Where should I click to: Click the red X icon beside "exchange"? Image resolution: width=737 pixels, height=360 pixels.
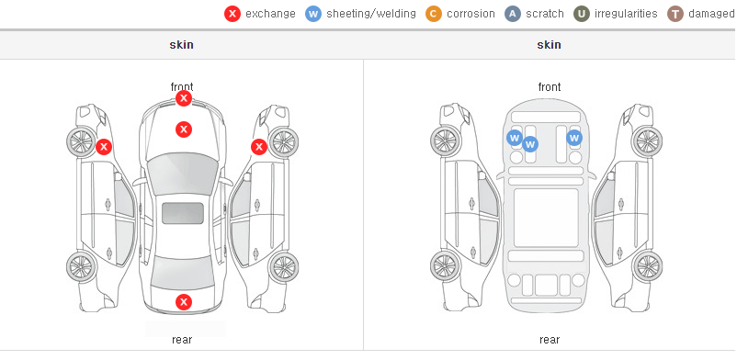[232, 14]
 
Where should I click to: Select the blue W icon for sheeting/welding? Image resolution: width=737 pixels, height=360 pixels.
[313, 14]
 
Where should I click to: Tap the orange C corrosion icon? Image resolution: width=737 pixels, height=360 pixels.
[434, 14]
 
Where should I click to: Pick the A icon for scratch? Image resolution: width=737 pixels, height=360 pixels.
[513, 14]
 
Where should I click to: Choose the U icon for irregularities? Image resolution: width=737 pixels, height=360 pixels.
[582, 14]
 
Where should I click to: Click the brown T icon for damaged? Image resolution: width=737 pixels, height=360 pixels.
[675, 14]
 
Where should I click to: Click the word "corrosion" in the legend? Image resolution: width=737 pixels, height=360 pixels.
[471, 14]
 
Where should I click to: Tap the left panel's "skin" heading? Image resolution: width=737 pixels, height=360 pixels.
[181, 45]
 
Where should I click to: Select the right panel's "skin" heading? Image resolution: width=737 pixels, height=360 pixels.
[549, 45]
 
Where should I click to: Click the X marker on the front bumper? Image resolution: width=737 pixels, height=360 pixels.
[184, 98]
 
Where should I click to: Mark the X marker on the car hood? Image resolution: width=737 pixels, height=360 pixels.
[184, 129]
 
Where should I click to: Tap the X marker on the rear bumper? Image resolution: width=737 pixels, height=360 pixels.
[184, 302]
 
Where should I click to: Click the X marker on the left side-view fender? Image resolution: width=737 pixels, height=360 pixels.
[104, 147]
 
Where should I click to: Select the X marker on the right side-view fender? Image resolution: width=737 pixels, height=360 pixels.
[259, 147]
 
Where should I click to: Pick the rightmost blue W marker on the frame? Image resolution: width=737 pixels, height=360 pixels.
[574, 138]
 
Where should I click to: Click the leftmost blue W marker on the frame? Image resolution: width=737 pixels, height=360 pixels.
[515, 138]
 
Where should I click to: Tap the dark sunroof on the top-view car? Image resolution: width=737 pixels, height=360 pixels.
[183, 213]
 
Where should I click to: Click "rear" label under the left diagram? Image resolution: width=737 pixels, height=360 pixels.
[182, 340]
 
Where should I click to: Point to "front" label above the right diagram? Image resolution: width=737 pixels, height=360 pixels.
[550, 87]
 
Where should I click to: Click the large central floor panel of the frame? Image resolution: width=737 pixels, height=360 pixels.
[546, 218]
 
